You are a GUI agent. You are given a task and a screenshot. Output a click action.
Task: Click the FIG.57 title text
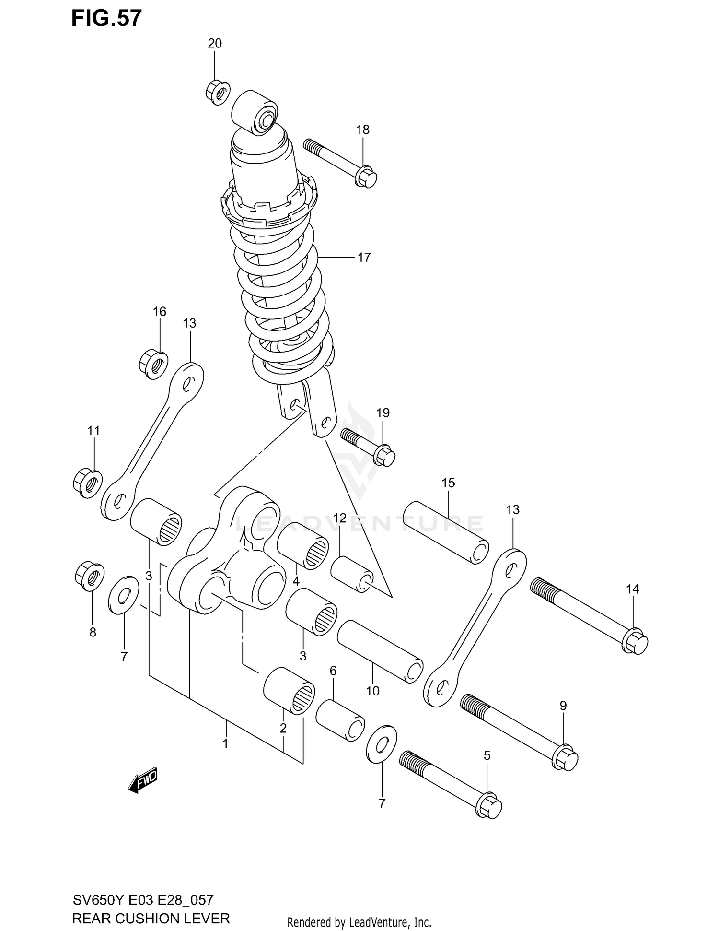tap(106, 18)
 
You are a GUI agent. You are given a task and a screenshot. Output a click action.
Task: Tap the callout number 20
tap(214, 44)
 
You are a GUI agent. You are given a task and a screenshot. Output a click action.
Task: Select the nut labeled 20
tap(218, 93)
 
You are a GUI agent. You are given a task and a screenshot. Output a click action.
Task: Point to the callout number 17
tap(364, 258)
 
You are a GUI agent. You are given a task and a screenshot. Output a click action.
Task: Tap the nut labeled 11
tap(88, 483)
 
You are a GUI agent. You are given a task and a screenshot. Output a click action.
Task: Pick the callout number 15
tap(448, 483)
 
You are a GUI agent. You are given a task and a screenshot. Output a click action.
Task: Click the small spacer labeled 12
tap(352, 574)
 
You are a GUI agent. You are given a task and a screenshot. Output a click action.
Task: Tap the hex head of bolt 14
tap(635, 641)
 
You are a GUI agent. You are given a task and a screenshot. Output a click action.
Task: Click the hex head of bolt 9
tap(566, 758)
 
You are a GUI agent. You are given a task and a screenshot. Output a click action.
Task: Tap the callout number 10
tap(372, 691)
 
